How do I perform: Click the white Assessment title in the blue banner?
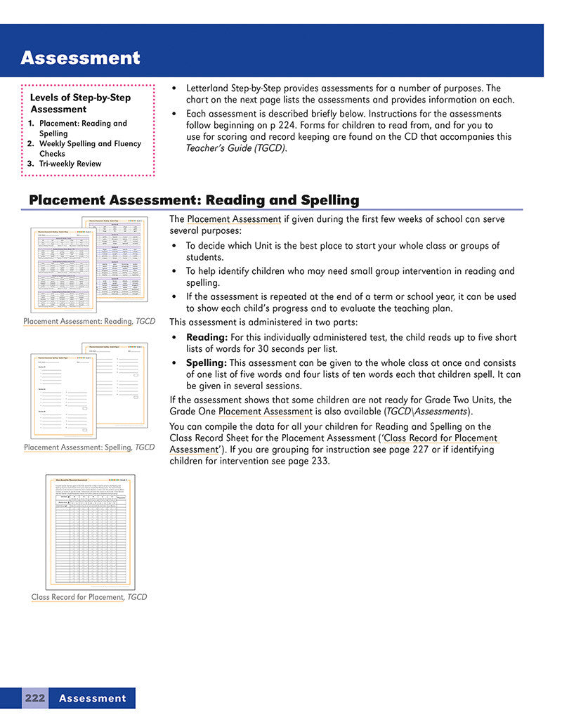coord(80,58)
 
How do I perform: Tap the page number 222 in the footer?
coord(34,697)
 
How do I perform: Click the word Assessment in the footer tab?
coord(92,697)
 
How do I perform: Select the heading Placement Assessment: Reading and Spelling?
coord(194,200)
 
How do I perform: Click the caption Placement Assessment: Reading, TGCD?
coord(89,321)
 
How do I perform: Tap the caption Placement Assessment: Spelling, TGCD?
coord(89,447)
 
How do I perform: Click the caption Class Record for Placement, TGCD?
coord(89,597)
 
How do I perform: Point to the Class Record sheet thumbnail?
coord(90,532)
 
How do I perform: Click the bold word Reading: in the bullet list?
coord(207,337)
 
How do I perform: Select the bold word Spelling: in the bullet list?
coord(206,363)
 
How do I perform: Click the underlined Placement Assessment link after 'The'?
coord(234,219)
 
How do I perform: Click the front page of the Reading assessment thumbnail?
coord(63,270)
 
